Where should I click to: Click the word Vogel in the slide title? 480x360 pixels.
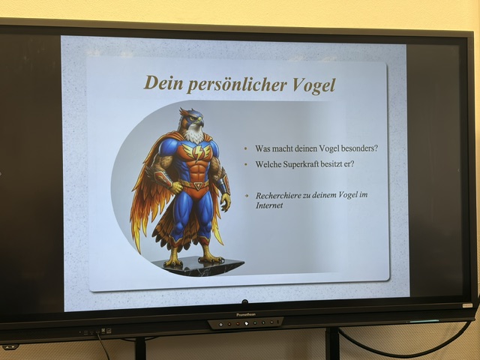point(314,85)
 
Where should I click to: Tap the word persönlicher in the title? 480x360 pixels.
point(237,84)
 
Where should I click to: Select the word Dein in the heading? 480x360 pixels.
point(163,82)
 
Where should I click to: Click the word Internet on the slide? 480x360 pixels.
point(269,205)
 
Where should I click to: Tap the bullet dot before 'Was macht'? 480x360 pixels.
point(246,148)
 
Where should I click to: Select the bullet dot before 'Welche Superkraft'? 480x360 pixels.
point(246,165)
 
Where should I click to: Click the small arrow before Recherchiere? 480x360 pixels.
point(247,195)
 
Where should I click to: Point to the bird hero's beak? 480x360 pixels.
point(199,122)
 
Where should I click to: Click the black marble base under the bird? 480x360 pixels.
point(199,266)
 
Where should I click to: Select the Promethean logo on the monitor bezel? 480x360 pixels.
point(246,315)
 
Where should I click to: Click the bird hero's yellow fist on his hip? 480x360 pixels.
point(175,187)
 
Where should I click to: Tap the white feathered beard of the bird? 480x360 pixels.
point(193,135)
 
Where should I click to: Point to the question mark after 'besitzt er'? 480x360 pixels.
point(352,163)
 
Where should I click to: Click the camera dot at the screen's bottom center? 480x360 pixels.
point(244,302)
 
